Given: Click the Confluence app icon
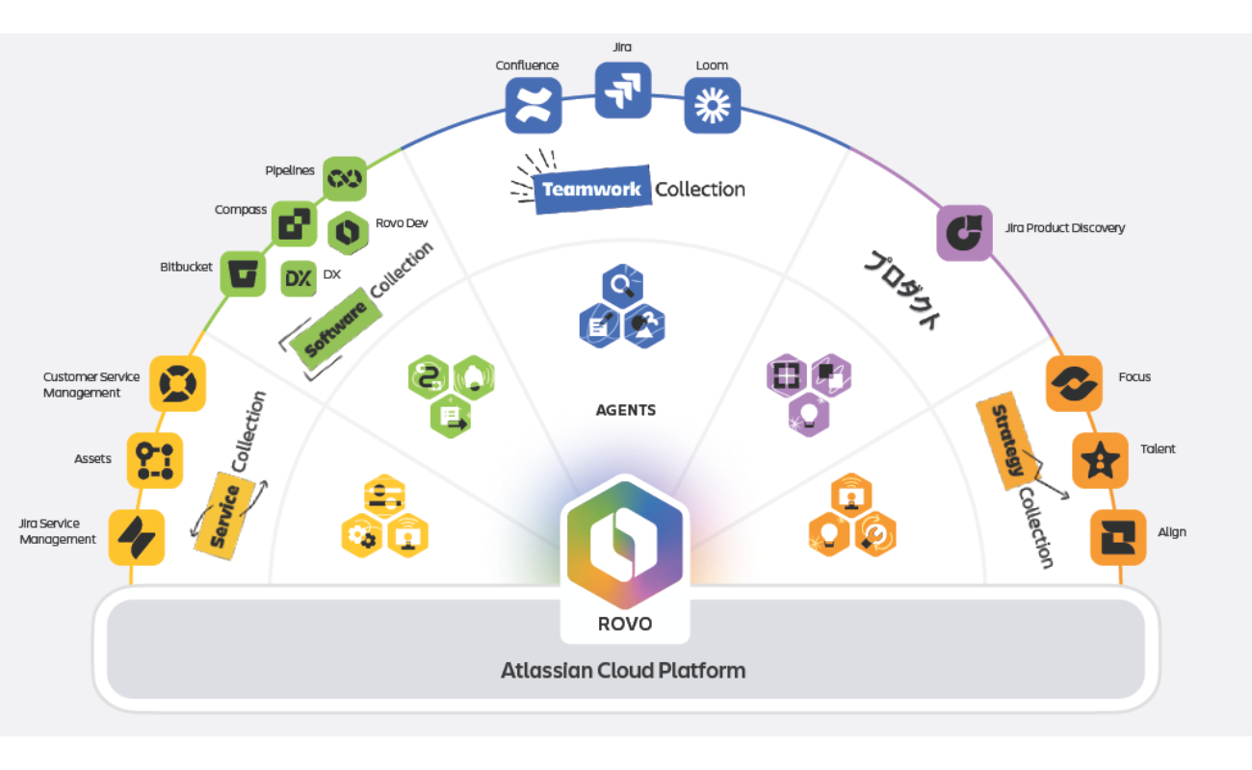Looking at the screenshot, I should (534, 105).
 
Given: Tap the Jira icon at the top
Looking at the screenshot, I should (622, 90).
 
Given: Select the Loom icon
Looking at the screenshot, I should (712, 104).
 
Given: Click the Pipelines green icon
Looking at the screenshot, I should (344, 178).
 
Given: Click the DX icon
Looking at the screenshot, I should (299, 278).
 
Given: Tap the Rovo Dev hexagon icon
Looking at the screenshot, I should (349, 231).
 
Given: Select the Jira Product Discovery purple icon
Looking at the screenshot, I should (964, 232).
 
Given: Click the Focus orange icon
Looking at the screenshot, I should (1073, 383).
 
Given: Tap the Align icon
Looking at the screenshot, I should (1117, 536).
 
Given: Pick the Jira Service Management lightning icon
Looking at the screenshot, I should (137, 536).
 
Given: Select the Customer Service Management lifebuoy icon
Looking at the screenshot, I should (178, 383).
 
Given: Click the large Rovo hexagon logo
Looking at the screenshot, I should (624, 542).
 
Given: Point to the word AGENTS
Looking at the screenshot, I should (626, 410).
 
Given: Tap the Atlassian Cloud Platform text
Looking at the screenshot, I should (623, 670).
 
